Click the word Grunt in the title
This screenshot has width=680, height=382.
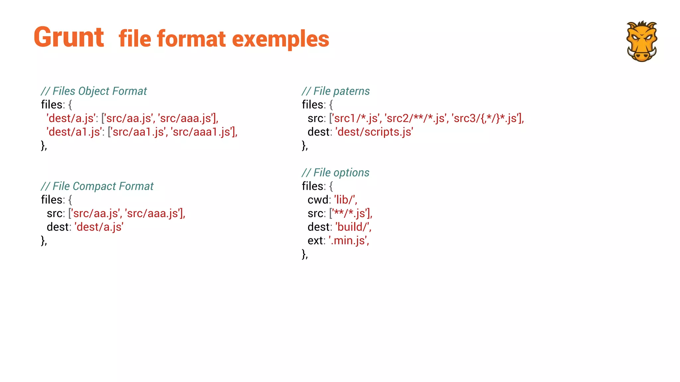[x=69, y=37]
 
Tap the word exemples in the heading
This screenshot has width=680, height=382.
[x=281, y=39]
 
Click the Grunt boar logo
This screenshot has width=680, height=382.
[x=641, y=41]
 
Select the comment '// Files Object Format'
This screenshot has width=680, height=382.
[x=94, y=91]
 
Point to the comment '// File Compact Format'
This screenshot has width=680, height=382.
[x=97, y=186]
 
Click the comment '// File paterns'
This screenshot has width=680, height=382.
[x=336, y=91]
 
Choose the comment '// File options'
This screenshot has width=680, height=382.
[x=335, y=173]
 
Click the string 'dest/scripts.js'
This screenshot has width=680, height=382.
[x=375, y=132]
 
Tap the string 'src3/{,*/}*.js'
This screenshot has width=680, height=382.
[x=485, y=118]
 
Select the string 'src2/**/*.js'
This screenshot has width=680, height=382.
[x=415, y=118]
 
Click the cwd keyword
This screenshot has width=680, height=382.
[x=318, y=200]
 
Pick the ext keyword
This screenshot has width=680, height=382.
[x=315, y=241]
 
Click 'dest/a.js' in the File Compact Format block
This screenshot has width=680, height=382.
[x=99, y=227]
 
